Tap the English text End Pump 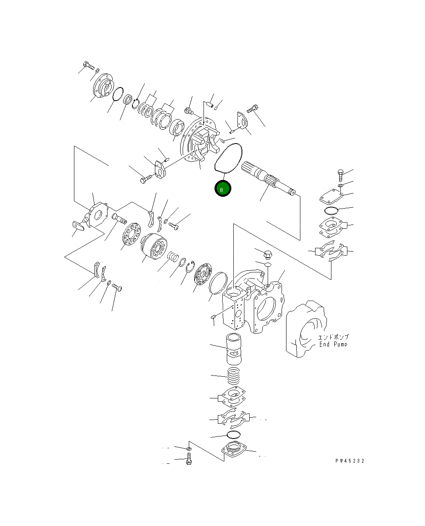pyautogui.click(x=333, y=344)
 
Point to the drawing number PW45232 pyautogui.click(x=349, y=461)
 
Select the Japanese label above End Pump pyautogui.click(x=333, y=337)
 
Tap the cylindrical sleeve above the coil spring pyautogui.click(x=233, y=348)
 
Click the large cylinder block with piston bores pyautogui.click(x=154, y=246)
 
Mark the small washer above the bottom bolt pyautogui.click(x=188, y=449)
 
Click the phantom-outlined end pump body pyautogui.click(x=306, y=329)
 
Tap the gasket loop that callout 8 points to pyautogui.click(x=228, y=158)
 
